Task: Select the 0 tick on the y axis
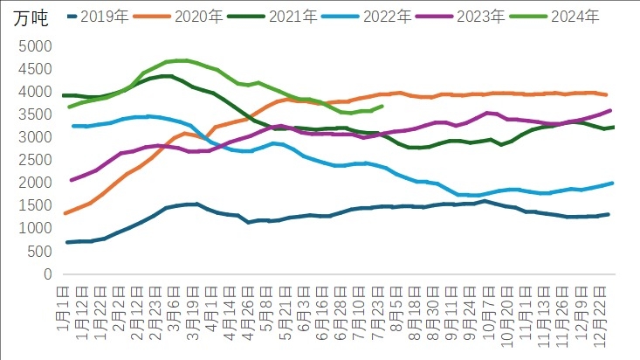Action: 49,274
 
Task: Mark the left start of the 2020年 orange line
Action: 66,213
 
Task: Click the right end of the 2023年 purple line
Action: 609,110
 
